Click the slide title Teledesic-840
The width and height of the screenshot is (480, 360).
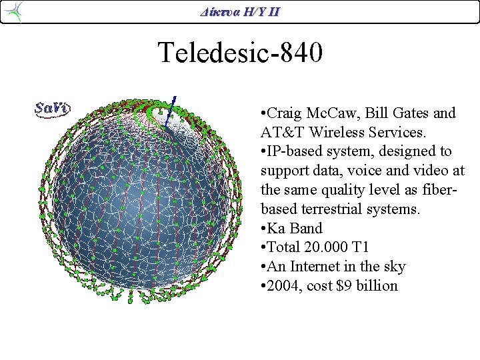(x=240, y=52)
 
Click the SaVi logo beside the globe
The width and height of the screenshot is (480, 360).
(x=53, y=108)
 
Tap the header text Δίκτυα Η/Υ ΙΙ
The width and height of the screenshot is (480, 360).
(x=240, y=11)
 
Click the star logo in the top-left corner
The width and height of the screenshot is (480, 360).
(x=13, y=11)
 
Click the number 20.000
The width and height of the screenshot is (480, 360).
(x=327, y=248)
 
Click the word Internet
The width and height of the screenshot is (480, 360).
(x=315, y=267)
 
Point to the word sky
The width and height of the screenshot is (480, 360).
(x=393, y=267)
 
